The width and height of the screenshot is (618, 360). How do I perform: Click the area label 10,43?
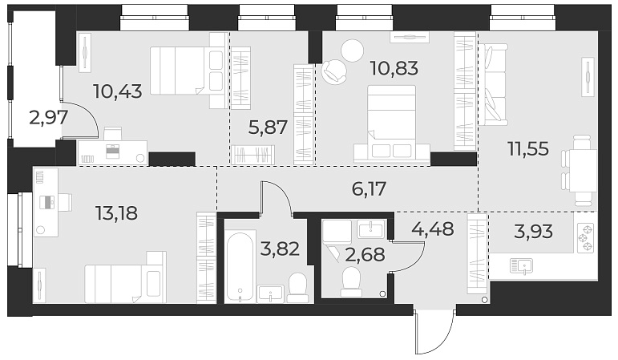117,91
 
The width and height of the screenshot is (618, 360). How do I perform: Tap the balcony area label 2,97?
48,118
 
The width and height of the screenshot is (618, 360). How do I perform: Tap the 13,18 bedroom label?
117,213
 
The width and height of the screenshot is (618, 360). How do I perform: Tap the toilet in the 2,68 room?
351,279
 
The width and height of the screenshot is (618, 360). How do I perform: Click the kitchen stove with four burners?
584,237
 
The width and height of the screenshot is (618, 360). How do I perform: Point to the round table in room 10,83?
353,51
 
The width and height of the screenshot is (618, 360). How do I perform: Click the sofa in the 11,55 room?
494,83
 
